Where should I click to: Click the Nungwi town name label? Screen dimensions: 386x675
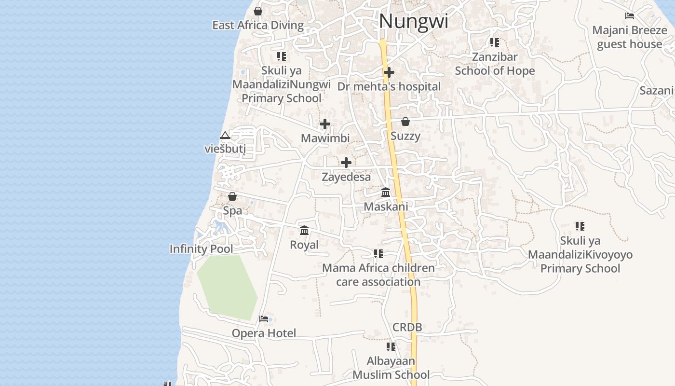click(414, 21)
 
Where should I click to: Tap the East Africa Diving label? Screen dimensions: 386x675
click(258, 26)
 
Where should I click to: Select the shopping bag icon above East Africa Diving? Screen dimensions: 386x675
click(258, 11)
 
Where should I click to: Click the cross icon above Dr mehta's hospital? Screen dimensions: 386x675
click(389, 72)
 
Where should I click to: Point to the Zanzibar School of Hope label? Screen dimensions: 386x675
click(495, 64)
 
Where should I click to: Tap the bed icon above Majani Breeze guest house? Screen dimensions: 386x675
click(629, 16)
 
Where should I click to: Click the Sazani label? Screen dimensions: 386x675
click(656, 91)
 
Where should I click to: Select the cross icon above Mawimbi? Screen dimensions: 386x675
click(325, 124)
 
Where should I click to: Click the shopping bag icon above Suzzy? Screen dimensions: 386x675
click(405, 122)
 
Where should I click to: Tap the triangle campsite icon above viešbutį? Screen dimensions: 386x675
click(225, 136)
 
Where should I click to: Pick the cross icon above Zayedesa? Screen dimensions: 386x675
click(346, 163)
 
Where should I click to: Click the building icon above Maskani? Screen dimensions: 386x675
click(386, 193)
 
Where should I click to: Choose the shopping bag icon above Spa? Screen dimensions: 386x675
click(232, 196)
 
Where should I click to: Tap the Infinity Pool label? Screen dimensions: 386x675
click(201, 249)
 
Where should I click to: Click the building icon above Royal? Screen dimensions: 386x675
click(304, 231)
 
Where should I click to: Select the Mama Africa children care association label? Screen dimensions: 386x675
click(378, 275)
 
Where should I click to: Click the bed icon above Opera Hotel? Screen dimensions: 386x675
click(264, 318)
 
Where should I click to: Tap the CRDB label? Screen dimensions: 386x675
click(407, 327)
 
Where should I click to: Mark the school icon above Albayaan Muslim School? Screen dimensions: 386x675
click(391, 346)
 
